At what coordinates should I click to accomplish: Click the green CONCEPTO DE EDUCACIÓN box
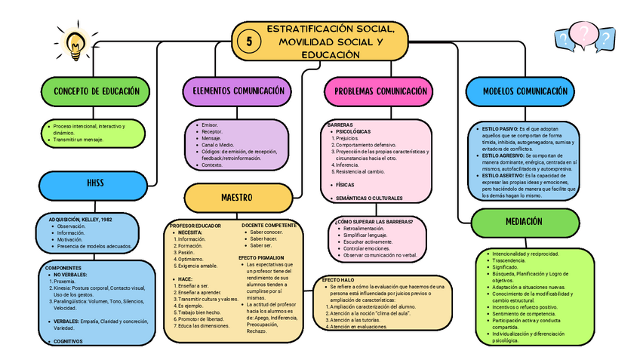[x=97, y=91]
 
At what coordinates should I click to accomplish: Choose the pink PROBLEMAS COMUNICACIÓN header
[x=375, y=92]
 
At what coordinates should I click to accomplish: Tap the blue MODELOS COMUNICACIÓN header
[x=526, y=91]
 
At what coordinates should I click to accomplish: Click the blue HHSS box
[x=95, y=183]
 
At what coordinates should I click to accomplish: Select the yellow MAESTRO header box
[x=236, y=197]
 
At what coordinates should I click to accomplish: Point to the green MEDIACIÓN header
[x=519, y=222]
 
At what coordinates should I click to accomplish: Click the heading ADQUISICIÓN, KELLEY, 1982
[x=81, y=219]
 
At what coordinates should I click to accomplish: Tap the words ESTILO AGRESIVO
[x=501, y=155]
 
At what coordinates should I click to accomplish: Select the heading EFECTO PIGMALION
[x=261, y=257]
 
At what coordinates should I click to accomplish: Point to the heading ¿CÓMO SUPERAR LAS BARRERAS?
[x=374, y=221]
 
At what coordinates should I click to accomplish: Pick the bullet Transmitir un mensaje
[x=79, y=140]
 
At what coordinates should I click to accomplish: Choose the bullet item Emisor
[x=211, y=125]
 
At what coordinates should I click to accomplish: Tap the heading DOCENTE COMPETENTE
[x=269, y=225]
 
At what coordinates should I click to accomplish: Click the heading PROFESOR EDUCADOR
[x=195, y=225]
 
